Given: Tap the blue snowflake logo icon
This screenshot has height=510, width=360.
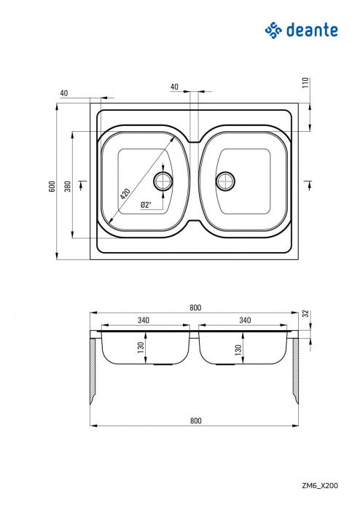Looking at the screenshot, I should [x=273, y=29].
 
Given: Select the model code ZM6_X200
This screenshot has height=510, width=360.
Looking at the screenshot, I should [x=320, y=484].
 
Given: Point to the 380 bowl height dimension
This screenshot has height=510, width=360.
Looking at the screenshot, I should [x=67, y=187].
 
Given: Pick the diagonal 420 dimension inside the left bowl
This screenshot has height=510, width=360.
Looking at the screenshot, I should [x=125, y=194].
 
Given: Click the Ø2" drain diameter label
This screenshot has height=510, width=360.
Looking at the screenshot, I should [x=146, y=205].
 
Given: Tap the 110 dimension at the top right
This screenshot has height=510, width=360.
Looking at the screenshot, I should [x=306, y=83].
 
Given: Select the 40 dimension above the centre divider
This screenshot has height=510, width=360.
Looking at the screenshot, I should [x=174, y=87].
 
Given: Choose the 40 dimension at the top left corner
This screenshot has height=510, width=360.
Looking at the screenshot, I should [x=64, y=93].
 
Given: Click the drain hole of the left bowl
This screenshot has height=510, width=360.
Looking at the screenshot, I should [x=164, y=180].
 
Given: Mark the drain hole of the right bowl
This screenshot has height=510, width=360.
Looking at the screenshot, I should [x=225, y=180].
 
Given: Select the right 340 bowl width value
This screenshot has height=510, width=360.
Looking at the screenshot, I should [x=245, y=320].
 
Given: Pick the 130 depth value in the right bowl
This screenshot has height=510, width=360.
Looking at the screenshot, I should [x=238, y=350].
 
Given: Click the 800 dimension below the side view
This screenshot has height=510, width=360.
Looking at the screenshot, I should [x=195, y=420].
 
